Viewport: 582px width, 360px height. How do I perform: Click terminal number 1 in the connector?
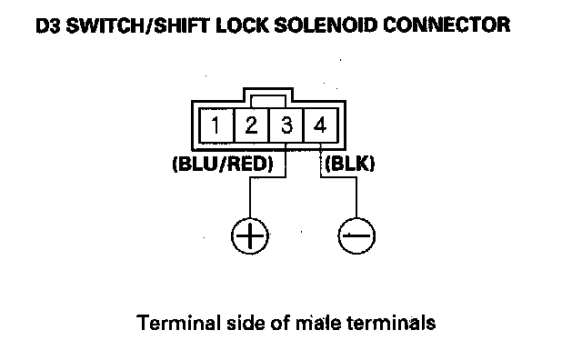coord(216,125)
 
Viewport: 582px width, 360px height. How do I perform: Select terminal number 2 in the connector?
coord(251,125)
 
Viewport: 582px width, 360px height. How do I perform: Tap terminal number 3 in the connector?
coord(286,125)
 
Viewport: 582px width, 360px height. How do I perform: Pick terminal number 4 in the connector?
coord(320,125)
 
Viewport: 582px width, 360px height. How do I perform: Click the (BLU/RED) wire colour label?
coord(223,164)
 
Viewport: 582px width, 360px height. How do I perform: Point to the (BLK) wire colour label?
coord(349,164)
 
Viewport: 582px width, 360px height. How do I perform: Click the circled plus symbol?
coord(250,235)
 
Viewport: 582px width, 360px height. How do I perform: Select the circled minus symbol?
coord(356,235)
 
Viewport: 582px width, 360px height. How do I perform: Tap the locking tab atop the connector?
coord(268,95)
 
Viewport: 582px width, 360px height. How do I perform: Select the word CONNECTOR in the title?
coord(447,25)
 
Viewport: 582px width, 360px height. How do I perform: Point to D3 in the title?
coord(48,25)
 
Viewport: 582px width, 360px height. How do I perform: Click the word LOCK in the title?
coord(242,25)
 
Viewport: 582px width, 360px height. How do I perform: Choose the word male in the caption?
coord(317,323)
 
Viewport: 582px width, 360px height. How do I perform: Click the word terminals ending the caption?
coord(391,323)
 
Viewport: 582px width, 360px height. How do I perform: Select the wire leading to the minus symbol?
coord(337,178)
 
